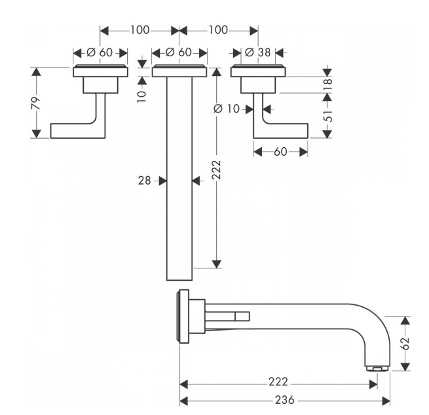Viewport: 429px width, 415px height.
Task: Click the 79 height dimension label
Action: [x=36, y=103]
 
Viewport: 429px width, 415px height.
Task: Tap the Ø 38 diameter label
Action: [x=258, y=52]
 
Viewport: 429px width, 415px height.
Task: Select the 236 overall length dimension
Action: [x=284, y=400]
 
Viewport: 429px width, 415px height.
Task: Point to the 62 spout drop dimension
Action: [x=405, y=344]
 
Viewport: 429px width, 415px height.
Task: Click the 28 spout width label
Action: [x=145, y=181]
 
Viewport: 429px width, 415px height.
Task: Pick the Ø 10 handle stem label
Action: [x=227, y=109]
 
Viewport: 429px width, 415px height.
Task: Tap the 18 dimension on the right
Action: [x=327, y=84]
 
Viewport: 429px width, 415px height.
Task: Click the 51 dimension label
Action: [x=327, y=116]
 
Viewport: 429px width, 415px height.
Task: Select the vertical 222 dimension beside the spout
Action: [x=216, y=170]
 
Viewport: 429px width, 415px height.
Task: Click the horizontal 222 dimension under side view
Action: [x=278, y=382]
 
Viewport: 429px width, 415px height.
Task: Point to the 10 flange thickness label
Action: [x=141, y=96]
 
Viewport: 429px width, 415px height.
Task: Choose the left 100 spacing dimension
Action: [x=140, y=30]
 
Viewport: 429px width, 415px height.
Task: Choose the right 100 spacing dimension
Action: [x=218, y=30]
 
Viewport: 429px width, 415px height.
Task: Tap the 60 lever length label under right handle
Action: [x=280, y=152]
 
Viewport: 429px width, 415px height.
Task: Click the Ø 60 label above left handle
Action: [x=100, y=52]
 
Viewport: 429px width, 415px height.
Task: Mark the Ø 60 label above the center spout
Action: [x=179, y=52]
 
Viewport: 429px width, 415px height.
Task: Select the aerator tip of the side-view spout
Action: [x=377, y=369]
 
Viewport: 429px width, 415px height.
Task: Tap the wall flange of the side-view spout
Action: [x=183, y=316]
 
